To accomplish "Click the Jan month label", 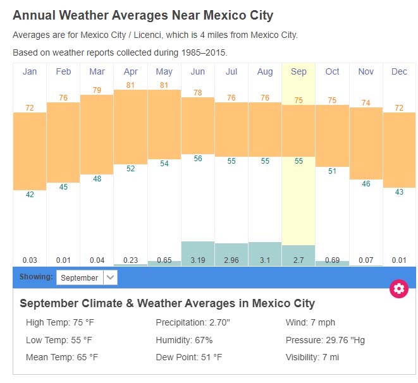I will (x=30, y=71).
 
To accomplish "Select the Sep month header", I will (x=298, y=71).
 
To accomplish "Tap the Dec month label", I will (x=399, y=71).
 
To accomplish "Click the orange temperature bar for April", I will (x=130, y=126).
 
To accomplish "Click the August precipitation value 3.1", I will (x=265, y=260).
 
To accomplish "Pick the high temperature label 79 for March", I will (x=97, y=90).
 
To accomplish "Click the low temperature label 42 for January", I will (x=30, y=195).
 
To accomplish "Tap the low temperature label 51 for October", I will (x=332, y=171).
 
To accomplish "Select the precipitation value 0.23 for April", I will (x=130, y=260).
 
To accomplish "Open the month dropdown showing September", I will (x=86, y=277).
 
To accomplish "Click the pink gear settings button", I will (x=398, y=289).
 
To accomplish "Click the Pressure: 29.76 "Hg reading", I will (x=325, y=340).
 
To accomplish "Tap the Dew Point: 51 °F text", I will (x=188, y=357).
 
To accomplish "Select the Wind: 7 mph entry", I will (x=310, y=323).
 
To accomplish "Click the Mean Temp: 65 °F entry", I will (x=62, y=357).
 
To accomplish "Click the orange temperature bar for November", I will (x=366, y=142).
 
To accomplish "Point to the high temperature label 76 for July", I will (x=231, y=97).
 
